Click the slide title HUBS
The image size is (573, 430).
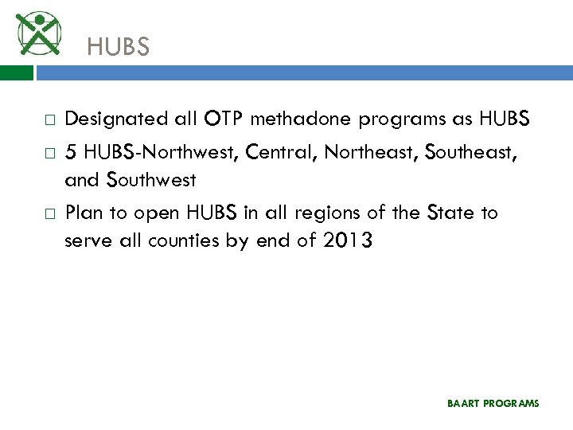tap(118, 48)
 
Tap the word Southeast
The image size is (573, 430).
tap(470, 151)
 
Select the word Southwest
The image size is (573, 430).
tap(158, 180)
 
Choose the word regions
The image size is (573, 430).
tap(325, 213)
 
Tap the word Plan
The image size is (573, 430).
tap(82, 213)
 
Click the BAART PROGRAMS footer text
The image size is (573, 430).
tap(493, 404)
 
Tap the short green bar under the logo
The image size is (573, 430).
tap(17, 72)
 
